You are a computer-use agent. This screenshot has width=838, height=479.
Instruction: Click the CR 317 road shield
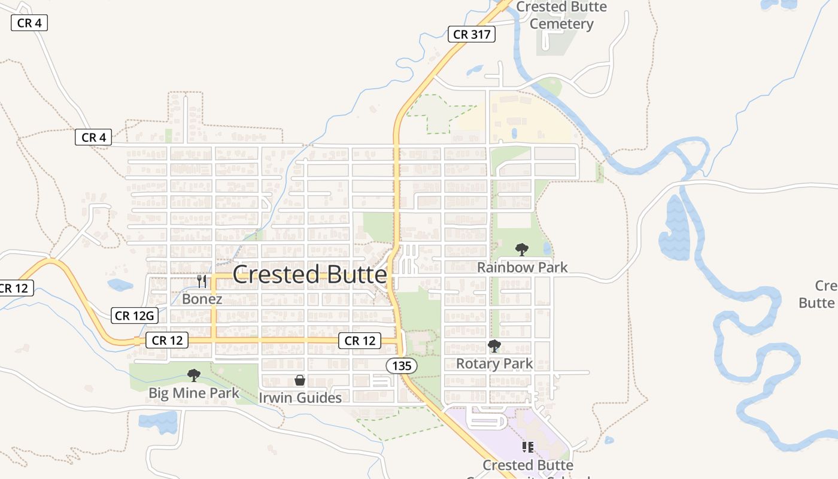click(x=472, y=34)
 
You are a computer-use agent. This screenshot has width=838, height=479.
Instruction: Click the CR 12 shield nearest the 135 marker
click(x=360, y=341)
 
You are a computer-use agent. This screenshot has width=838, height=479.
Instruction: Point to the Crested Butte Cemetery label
click(x=561, y=16)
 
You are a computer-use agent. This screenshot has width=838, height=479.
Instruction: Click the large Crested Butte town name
click(x=309, y=275)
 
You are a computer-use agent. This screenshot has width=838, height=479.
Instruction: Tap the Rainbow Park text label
click(x=522, y=267)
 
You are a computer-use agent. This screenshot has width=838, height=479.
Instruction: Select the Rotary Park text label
click(x=494, y=363)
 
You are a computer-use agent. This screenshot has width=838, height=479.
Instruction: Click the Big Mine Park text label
click(x=193, y=393)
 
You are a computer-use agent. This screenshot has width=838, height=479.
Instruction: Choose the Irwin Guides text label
click(x=300, y=398)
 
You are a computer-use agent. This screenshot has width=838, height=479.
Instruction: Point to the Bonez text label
click(x=202, y=299)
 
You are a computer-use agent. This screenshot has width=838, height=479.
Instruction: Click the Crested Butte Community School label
click(x=528, y=466)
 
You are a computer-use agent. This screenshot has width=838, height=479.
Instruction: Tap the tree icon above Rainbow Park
click(x=521, y=249)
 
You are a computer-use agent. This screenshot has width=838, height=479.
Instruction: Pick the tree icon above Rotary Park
click(x=494, y=345)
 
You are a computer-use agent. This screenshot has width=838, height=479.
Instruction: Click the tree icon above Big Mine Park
click(x=193, y=375)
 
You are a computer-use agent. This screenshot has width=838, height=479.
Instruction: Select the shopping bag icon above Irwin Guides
click(x=300, y=380)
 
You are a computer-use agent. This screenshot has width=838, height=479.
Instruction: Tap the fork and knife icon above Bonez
click(x=202, y=281)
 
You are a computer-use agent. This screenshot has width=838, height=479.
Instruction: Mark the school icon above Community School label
click(x=527, y=447)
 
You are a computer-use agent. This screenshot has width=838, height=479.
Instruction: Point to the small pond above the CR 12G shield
click(x=120, y=285)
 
